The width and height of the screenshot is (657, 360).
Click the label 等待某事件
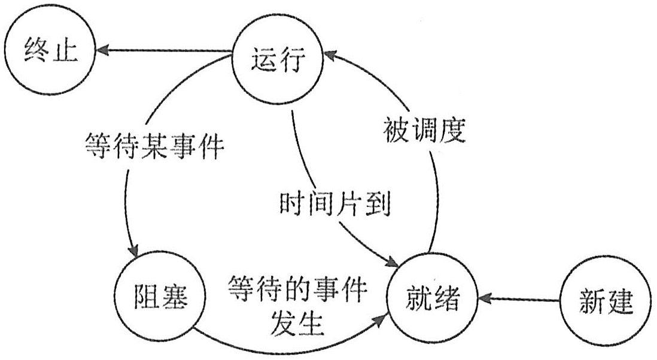point(154,146)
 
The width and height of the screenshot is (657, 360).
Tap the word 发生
point(297,324)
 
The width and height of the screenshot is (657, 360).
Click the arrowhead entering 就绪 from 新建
point(486,297)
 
